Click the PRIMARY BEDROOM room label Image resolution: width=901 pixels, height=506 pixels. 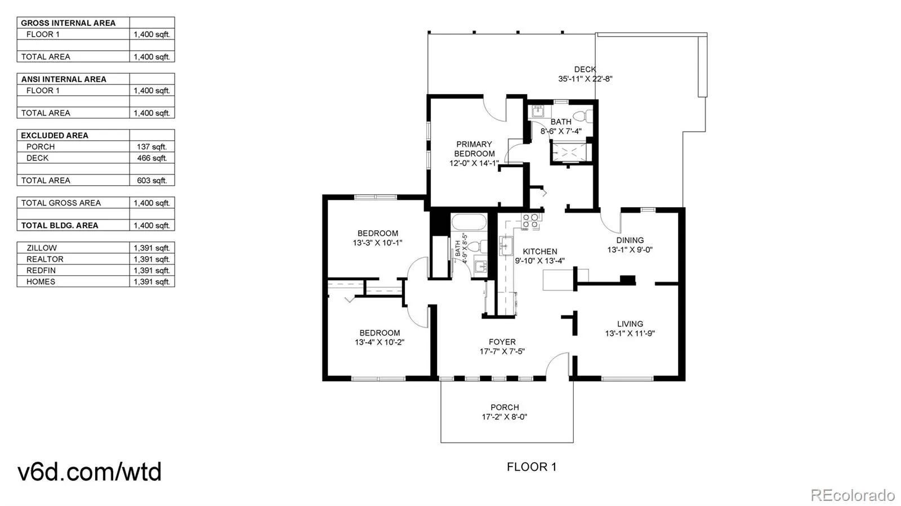pos(474,149)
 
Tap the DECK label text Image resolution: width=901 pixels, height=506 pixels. pos(585,70)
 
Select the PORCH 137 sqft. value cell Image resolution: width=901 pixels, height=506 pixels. pos(152,147)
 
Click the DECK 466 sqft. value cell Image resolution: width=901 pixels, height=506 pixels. pos(152,158)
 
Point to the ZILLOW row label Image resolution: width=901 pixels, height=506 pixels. pos(42,248)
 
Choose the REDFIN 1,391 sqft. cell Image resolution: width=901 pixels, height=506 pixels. pos(152,271)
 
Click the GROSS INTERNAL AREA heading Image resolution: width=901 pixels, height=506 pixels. pos(68,23)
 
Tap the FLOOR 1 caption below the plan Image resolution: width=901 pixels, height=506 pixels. pos(532,467)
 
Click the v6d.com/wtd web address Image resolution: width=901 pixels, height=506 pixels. pos(90,472)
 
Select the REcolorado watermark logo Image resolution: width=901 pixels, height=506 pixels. pos(852,495)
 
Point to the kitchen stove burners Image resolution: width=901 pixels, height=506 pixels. pos(530,221)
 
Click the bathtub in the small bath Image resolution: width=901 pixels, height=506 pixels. pos(469,222)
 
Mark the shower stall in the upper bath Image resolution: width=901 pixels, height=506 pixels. pos(569,152)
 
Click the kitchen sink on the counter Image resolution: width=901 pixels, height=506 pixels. pos(506,246)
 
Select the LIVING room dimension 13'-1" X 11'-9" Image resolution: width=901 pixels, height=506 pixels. pos(630,334)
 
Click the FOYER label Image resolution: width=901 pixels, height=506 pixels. pos(502,342)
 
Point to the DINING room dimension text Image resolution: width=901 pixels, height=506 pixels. pos(630,249)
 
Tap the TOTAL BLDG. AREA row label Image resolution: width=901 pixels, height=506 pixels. pos(60,226)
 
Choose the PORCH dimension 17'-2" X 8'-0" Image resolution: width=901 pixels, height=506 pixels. pos(505,417)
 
